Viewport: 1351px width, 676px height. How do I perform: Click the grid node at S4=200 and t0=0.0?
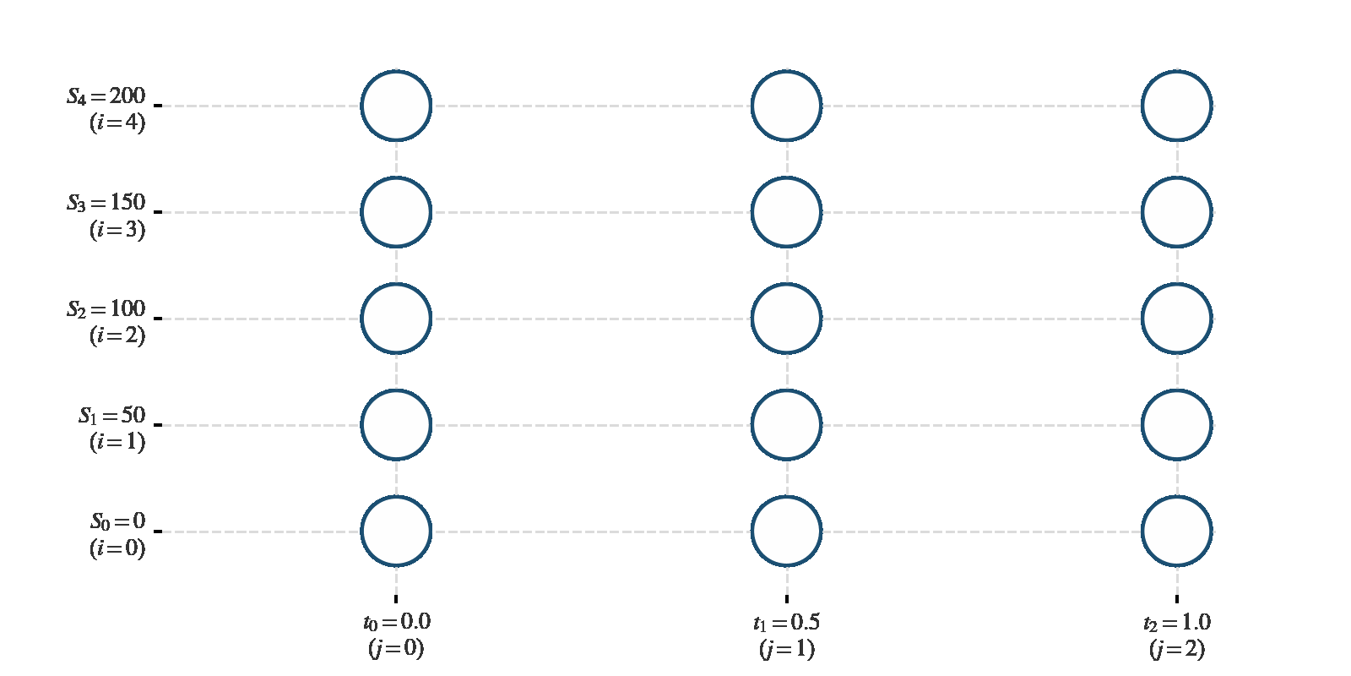pos(396,106)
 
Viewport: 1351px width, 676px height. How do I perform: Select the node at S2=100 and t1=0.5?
pos(786,319)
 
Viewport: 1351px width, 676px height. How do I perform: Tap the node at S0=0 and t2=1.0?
pos(1177,532)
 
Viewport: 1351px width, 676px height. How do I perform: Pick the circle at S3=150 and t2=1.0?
pos(1177,212)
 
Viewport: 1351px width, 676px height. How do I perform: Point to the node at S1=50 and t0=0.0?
pos(396,425)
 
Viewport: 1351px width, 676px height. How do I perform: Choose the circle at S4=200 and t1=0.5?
pos(786,106)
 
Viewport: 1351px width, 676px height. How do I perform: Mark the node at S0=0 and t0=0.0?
pos(396,532)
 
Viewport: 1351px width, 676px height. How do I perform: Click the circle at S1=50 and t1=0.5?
pos(786,425)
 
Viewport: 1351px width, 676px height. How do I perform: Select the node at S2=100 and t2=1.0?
pos(1177,319)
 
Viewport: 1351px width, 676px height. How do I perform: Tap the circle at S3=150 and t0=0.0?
pos(396,212)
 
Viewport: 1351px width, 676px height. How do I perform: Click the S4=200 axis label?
pos(106,96)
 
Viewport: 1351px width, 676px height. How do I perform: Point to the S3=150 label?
pos(106,203)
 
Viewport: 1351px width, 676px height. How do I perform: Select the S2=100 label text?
pos(106,309)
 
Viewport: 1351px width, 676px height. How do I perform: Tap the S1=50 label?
pos(112,415)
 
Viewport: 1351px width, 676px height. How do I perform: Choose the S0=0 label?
pos(118,521)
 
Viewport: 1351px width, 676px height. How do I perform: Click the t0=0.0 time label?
pos(397,622)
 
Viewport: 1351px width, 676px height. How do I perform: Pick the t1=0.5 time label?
pos(786,622)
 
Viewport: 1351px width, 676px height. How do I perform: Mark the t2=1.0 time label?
pos(1177,622)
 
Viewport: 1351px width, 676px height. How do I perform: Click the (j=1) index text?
pos(787,650)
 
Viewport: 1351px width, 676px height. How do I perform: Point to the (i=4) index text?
pos(117,123)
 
